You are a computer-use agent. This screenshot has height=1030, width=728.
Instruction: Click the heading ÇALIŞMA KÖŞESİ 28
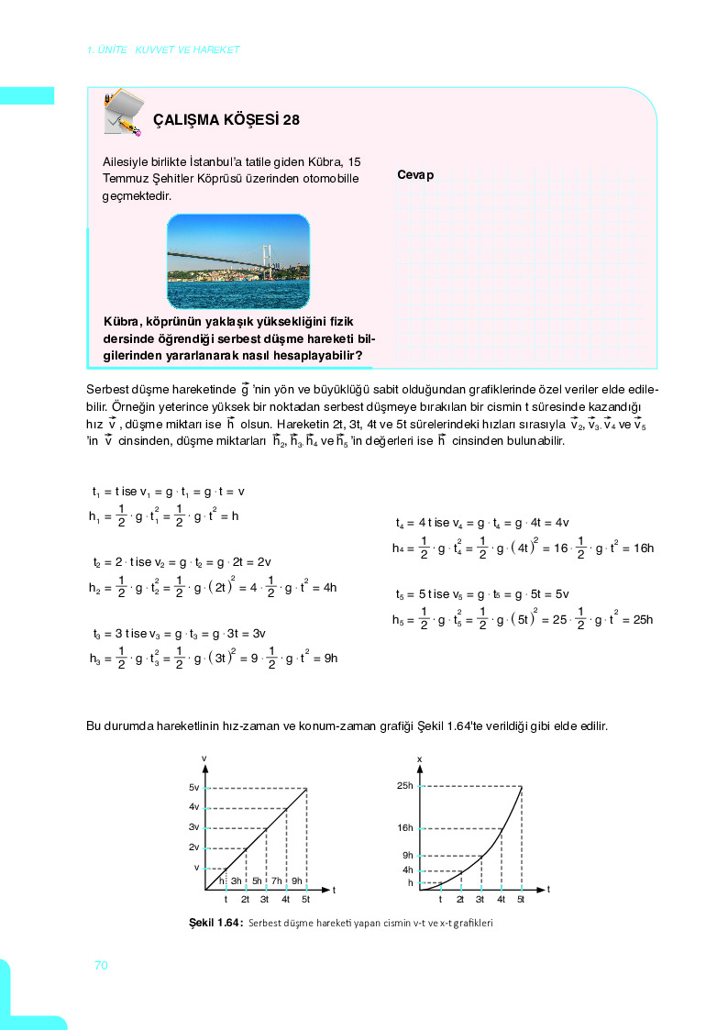(226, 119)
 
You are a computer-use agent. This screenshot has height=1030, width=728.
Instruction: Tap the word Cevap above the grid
(415, 174)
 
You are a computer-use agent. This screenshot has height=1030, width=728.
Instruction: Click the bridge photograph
(238, 261)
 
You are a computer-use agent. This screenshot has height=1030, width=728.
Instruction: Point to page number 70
(101, 965)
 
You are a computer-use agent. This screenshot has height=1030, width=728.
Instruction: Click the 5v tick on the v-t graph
(193, 788)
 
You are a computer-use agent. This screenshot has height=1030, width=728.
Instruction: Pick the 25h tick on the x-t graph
(405, 786)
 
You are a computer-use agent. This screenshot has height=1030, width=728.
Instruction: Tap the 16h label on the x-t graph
(405, 827)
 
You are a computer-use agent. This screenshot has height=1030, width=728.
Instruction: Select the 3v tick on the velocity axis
(193, 827)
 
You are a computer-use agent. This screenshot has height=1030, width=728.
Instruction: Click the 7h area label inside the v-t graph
(277, 881)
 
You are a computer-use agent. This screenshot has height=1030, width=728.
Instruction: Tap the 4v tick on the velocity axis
(193, 807)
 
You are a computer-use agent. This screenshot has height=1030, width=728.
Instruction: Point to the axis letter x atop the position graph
(419, 759)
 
